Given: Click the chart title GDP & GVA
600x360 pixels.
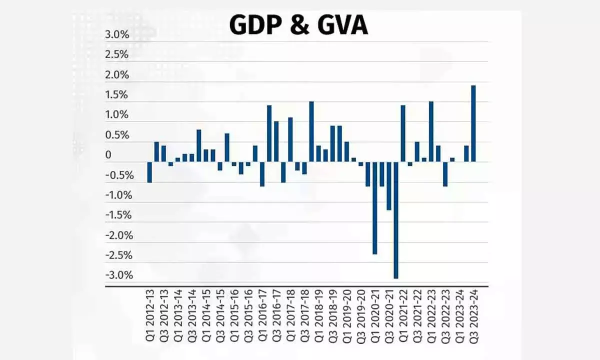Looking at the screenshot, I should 298,25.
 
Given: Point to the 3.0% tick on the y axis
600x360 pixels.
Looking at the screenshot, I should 116,35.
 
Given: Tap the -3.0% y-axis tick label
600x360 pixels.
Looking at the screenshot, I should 118,275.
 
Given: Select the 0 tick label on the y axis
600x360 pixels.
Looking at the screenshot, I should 108,155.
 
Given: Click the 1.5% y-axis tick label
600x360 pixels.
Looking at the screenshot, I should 116,95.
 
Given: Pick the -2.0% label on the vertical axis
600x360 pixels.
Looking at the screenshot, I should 118,235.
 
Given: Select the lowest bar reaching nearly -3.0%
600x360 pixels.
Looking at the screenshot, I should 396,220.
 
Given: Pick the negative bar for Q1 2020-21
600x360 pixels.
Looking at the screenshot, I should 375,208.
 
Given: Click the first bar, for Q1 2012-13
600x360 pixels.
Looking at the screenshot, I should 149,172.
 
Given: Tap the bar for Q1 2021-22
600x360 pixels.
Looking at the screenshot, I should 403,133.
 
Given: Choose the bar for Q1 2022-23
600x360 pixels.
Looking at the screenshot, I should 431,131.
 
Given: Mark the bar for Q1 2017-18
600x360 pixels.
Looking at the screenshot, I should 290,139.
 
